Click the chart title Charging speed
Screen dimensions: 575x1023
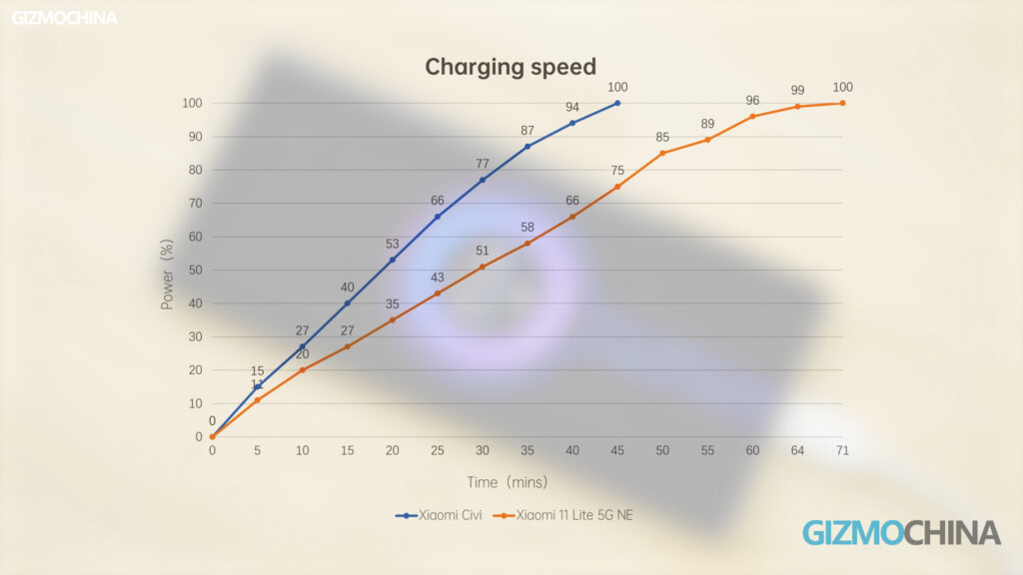tap(511, 67)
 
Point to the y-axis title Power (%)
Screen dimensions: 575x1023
tap(168, 274)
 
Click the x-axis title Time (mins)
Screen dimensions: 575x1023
tap(508, 482)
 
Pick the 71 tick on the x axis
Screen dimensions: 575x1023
tap(842, 451)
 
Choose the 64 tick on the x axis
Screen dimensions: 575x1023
tap(797, 451)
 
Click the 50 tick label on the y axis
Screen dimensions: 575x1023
tap(194, 270)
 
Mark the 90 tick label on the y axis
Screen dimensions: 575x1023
tap(194, 137)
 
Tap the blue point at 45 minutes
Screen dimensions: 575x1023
tap(617, 103)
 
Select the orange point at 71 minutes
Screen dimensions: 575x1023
tap(842, 103)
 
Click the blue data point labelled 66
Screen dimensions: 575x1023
tap(438, 217)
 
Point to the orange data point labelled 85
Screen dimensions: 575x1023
tap(662, 153)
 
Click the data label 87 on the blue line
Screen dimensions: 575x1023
tap(527, 131)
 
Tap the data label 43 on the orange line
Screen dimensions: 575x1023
tap(438, 278)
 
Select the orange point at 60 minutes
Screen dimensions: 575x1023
tap(752, 117)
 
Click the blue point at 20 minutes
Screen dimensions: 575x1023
tap(393, 260)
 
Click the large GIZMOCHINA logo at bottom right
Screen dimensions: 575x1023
tap(901, 532)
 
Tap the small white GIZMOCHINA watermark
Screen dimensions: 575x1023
tap(65, 18)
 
